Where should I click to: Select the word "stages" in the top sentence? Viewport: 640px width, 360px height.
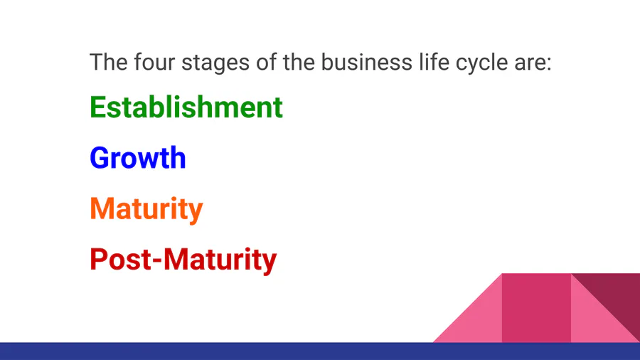coord(215,63)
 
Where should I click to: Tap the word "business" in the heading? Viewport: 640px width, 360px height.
coord(366,62)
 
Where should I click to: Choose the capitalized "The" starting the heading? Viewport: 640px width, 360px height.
coord(109,62)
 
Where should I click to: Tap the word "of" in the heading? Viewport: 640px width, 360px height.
coord(266,62)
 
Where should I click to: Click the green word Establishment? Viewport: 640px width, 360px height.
coord(186,107)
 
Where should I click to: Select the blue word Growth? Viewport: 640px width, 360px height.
coord(138,157)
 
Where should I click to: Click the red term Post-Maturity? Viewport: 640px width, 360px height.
coord(183,260)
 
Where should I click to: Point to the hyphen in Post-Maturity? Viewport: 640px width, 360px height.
coord(157,262)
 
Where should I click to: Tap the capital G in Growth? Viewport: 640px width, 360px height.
coord(100,157)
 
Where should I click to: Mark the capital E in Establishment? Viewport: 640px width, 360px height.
coord(98,107)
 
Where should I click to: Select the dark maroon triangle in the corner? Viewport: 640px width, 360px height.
coord(617,296)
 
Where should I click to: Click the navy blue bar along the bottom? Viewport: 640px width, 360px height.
coord(320,351)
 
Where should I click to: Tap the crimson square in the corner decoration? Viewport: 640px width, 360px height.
coord(536,308)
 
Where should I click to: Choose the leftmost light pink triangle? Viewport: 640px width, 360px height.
coord(479,319)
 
